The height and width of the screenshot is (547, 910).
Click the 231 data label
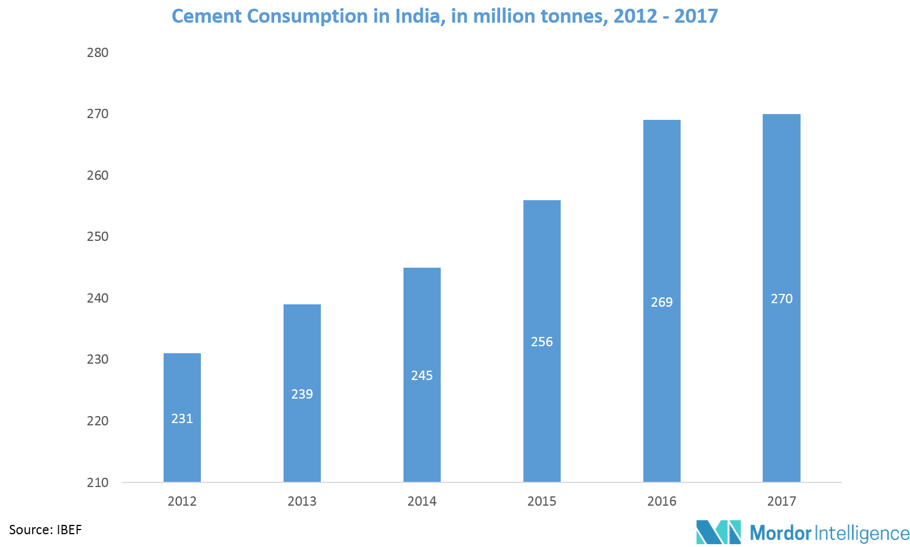coord(182,418)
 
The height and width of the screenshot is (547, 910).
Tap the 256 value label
coord(542,342)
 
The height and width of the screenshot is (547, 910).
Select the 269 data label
coord(662,302)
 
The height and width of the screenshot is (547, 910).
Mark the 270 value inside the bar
coord(781,299)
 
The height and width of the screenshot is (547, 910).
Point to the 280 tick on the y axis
coord(98,52)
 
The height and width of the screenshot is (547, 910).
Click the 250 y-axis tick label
coord(98,236)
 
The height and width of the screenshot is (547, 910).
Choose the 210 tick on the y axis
coord(98,482)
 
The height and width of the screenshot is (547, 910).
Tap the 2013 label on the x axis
coord(302,501)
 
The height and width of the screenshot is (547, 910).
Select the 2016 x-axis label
coord(662,501)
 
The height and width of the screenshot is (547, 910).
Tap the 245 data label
coord(422,375)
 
